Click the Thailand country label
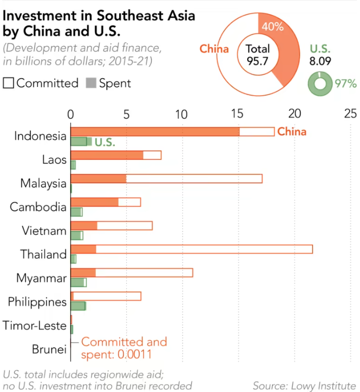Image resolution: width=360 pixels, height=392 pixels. click(x=44, y=255)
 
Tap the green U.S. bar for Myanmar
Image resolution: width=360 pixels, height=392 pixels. click(x=78, y=282)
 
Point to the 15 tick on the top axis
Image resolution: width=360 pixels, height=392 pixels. click(x=237, y=113)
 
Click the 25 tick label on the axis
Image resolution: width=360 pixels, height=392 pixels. click(x=351, y=113)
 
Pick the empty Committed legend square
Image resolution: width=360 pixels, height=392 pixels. click(x=9, y=83)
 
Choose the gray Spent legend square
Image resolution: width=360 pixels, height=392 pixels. click(x=91, y=83)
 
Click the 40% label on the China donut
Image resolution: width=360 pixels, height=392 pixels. click(x=272, y=26)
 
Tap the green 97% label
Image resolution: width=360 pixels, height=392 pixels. click(x=345, y=83)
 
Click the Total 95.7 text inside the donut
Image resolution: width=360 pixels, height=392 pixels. click(x=258, y=54)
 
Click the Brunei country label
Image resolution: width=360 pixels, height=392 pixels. click(x=49, y=349)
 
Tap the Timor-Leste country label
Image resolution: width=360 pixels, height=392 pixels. click(x=34, y=326)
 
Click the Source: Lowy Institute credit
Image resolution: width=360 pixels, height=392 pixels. click(x=304, y=385)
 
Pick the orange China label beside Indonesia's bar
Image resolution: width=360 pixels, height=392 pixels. click(x=291, y=132)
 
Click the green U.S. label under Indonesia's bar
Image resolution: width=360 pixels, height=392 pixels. click(x=104, y=142)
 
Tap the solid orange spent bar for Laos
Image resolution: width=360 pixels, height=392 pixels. click(x=107, y=155)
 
